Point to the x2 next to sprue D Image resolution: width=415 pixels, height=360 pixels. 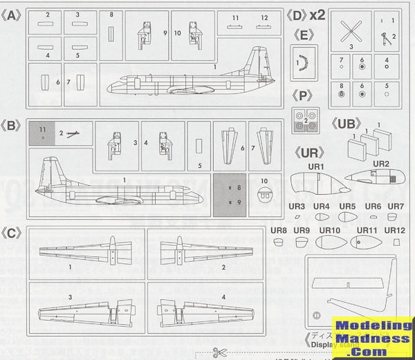(318, 14)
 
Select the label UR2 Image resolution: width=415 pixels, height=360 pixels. (381, 164)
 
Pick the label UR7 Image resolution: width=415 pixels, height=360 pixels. (395, 206)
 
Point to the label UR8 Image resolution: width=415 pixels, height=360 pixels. (279, 229)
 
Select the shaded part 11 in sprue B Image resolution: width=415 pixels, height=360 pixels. (43, 133)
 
